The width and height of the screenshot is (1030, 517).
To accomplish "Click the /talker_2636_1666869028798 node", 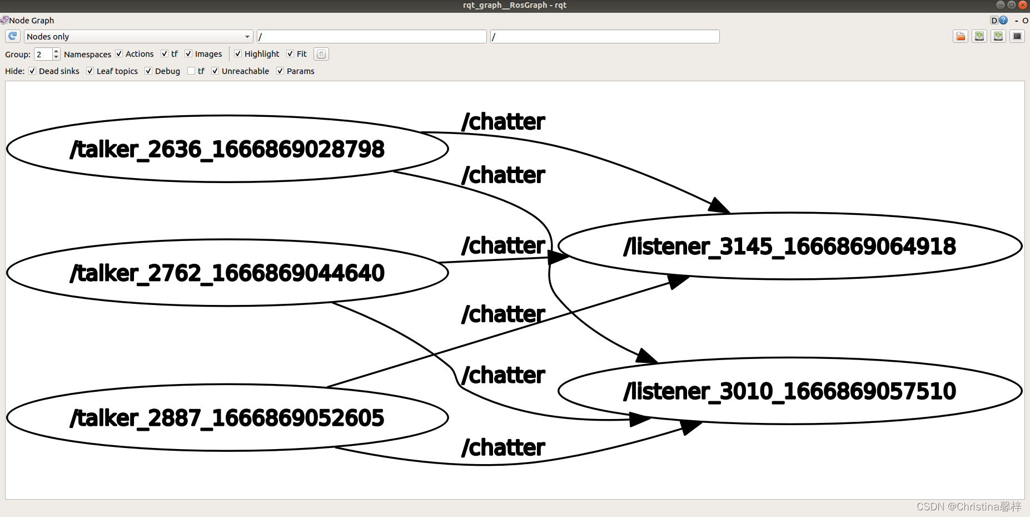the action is (227, 149).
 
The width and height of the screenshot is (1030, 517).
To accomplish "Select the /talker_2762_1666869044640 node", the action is (227, 273).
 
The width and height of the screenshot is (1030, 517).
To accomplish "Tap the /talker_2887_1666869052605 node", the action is (227, 418).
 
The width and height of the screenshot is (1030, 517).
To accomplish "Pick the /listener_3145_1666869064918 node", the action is (789, 246).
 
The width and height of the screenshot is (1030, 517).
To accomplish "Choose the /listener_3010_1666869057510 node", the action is (789, 391).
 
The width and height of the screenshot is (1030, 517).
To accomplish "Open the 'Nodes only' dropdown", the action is (138, 37).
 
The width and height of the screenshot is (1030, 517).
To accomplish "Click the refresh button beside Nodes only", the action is (13, 37).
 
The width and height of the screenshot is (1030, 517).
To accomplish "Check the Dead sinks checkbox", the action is (33, 71).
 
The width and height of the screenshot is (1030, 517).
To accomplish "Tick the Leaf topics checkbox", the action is (90, 71).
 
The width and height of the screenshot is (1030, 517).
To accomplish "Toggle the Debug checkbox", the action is (148, 71).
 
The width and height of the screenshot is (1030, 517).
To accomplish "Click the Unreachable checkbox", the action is (215, 71).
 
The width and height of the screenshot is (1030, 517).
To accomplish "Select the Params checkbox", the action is (280, 71).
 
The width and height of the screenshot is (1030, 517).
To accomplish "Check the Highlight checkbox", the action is (238, 54).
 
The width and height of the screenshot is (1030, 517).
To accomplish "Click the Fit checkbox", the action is (290, 54).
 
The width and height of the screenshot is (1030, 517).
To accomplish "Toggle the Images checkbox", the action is (188, 54).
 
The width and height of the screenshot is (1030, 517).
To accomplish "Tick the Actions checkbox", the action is (119, 54).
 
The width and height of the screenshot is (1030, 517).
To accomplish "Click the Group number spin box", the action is (43, 54).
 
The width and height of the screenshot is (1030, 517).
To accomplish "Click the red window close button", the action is (1023, 5).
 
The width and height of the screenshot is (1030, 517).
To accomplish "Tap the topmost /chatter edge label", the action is (503, 122).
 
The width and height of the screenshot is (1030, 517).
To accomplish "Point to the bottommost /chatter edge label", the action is (503, 447).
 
